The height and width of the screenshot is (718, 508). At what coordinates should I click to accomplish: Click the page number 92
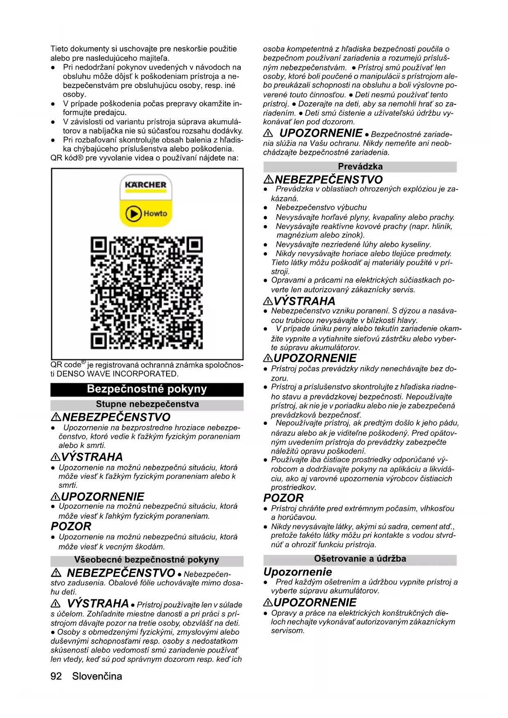click(x=56, y=676)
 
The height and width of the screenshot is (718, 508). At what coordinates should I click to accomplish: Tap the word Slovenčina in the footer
click(x=97, y=676)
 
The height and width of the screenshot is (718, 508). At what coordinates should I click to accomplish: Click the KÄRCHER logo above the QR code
click(x=146, y=185)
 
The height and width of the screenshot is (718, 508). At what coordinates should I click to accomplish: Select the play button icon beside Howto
click(x=133, y=213)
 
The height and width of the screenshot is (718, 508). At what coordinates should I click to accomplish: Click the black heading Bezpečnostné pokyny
click(x=147, y=389)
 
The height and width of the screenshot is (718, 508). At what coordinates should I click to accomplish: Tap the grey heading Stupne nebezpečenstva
click(x=147, y=404)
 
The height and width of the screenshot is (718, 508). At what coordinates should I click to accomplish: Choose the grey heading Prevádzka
click(x=360, y=167)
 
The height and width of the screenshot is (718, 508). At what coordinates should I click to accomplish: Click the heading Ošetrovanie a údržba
click(x=360, y=559)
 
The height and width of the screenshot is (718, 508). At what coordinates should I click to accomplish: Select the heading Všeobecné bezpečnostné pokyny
click(x=147, y=560)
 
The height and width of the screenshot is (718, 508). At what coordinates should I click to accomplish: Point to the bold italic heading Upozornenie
click(x=298, y=571)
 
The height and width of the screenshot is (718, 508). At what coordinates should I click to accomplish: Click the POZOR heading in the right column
click(x=283, y=498)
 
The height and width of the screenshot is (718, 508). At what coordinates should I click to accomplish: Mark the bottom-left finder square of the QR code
click(x=99, y=340)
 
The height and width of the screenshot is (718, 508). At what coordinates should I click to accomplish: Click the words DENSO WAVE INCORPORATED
click(x=117, y=374)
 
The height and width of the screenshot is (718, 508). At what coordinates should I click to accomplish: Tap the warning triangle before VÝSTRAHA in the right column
click(x=268, y=302)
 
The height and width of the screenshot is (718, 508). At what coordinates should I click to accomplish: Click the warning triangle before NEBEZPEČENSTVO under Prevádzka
click(x=269, y=180)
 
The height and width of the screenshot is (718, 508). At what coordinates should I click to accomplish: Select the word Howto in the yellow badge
click(x=155, y=213)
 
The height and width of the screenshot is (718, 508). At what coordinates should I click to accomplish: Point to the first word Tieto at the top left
click(x=59, y=49)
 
